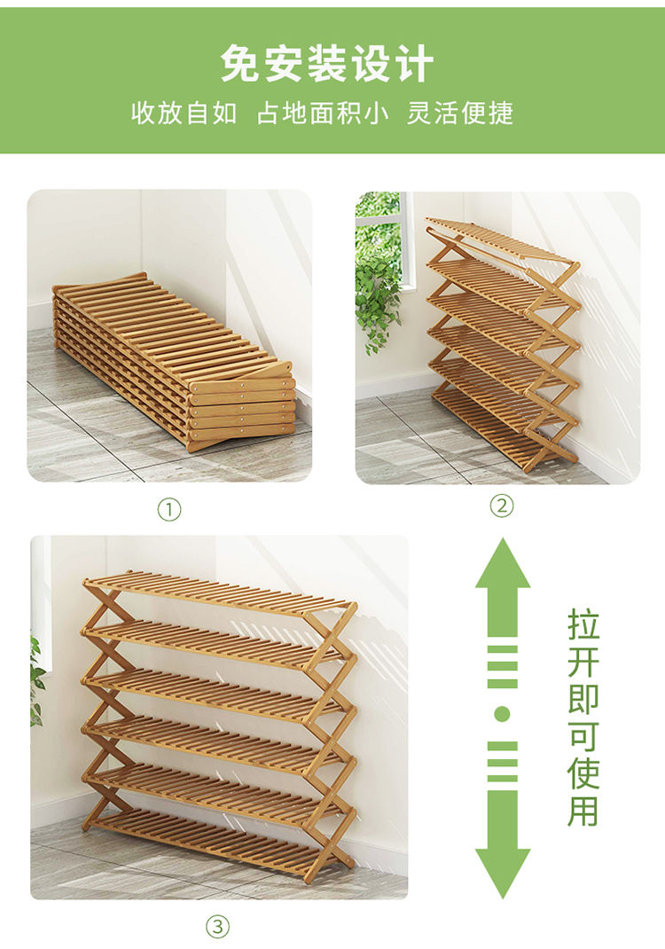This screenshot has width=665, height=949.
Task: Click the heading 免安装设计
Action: coord(327,64)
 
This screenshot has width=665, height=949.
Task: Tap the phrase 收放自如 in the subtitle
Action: coord(184,113)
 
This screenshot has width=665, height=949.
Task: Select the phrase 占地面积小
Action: coord(323,113)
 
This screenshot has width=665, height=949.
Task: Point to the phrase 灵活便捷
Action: coord(460,113)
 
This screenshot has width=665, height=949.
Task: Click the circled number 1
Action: coord(169,510)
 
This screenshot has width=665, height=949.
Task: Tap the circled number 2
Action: coord(501,505)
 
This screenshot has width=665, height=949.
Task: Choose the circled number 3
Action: coord(218,926)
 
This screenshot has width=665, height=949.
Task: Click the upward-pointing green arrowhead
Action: coord(503,563)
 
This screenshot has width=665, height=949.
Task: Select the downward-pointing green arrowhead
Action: coord(503,873)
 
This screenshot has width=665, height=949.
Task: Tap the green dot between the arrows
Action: coord(502,715)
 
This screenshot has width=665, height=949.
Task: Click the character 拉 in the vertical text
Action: coord(583,624)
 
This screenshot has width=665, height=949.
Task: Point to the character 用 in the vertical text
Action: coord(583,811)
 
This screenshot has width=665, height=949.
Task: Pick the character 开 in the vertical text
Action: coord(583,661)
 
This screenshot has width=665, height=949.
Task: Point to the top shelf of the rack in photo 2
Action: coord(501,241)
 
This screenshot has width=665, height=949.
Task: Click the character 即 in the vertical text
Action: coord(583,698)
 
